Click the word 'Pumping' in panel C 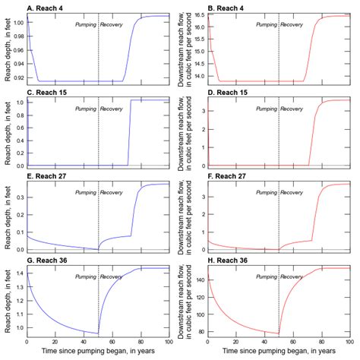[84, 109]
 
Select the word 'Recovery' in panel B [292, 24]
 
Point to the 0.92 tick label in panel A [17, 76]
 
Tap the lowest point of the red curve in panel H [278, 333]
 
